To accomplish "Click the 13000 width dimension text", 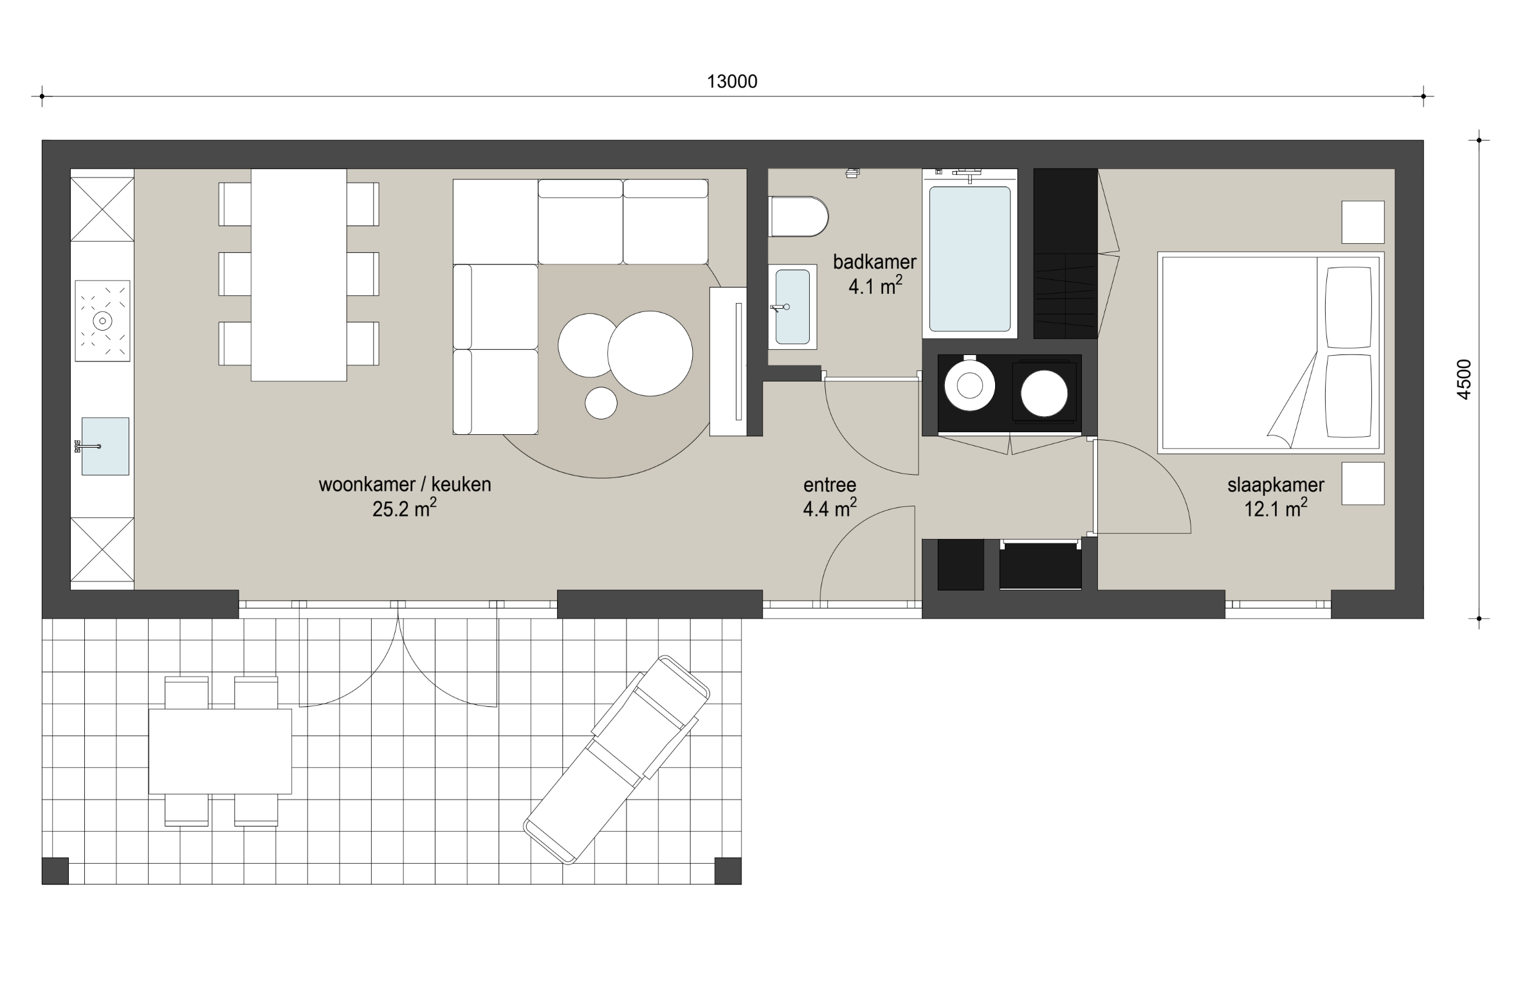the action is pos(732,82).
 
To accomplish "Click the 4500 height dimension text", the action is pos(1463,380).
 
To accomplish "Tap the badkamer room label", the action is pos(874,262).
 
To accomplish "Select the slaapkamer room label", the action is pos(1276,486).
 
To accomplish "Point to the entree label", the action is pos(830,485).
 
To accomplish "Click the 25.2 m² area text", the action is pos(405,509).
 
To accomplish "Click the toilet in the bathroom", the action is pos(798,217).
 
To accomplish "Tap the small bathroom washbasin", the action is pos(792,307).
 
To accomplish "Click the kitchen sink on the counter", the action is pos(105,446).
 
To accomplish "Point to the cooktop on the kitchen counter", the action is pos(103,320).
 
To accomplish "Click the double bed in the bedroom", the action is pos(1270,352).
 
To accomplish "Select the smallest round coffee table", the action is pos(601,403).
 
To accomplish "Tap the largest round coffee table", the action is pos(650,353).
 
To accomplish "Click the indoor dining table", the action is pos(298,275).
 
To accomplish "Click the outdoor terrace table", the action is pos(220,751).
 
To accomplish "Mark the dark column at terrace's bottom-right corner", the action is pos(728,871).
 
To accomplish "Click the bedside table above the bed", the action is pos(1363,222).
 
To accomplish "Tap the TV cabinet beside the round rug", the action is pos(728,361).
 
